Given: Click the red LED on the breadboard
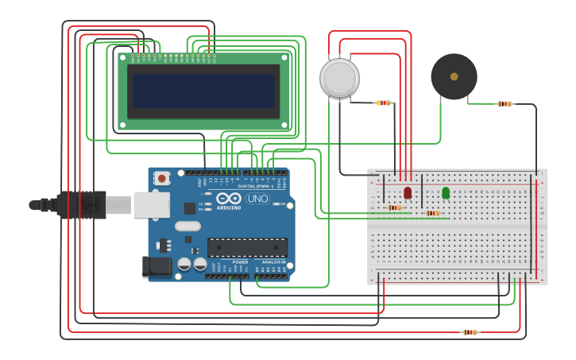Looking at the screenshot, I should click(408, 192).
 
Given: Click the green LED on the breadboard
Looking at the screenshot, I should click(446, 192).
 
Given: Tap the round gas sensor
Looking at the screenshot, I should click(339, 78).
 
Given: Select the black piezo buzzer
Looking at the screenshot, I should click(454, 76).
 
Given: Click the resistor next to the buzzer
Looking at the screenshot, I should click(504, 103).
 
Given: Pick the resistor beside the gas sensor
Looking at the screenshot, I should click(385, 103).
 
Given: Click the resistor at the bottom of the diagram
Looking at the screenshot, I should click(470, 332).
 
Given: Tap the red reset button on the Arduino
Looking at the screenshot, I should click(162, 179).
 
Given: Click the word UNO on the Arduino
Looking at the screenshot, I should click(257, 199).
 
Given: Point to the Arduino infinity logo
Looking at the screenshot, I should click(229, 199).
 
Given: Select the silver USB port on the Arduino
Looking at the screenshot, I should click(151, 204).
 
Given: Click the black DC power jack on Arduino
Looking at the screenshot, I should click(157, 267).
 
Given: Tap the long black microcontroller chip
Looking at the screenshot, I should click(247, 247).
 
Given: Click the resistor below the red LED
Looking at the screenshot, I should click(394, 208).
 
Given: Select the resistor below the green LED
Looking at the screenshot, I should click(432, 213).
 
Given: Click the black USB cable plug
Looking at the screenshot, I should click(81, 204).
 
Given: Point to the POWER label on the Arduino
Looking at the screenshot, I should click(240, 261).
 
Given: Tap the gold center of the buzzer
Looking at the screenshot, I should click(454, 76).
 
